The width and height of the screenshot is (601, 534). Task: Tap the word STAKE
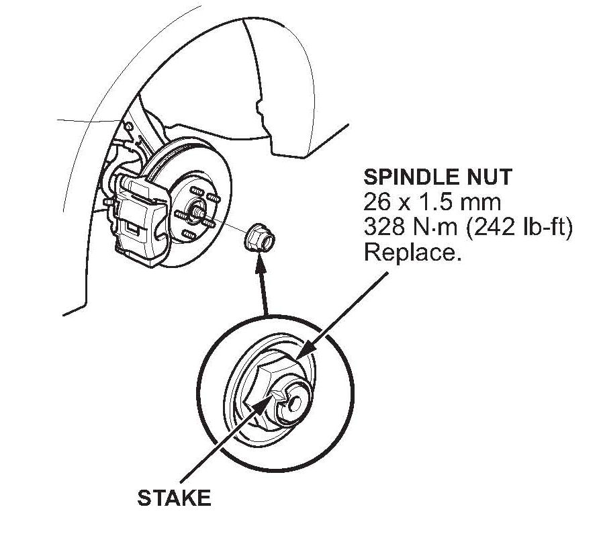click(x=174, y=498)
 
